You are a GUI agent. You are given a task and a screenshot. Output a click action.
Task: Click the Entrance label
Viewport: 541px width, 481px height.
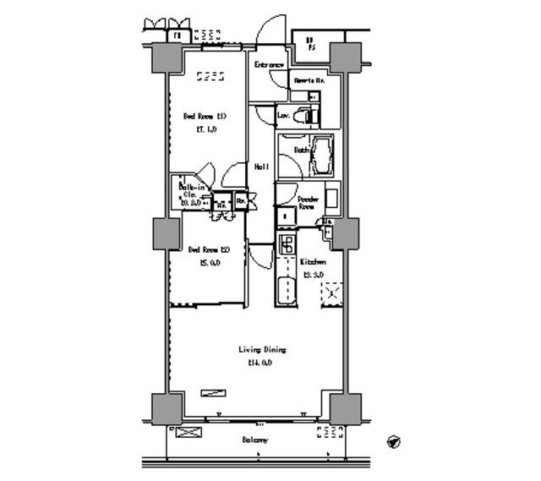tap(269, 65)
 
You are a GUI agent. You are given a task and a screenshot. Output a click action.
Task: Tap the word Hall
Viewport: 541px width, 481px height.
tap(262, 167)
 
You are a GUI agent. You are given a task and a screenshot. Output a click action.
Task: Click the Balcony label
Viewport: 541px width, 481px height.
tap(254, 440)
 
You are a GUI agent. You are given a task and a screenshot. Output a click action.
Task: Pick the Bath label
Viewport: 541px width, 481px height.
tap(300, 150)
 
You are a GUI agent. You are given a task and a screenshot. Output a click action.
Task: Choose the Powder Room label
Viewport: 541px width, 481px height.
tap(307, 203)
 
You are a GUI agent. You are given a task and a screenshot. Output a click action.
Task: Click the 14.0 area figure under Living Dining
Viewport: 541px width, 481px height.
tap(260, 363)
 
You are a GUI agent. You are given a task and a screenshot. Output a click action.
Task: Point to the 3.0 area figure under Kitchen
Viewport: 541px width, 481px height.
tap(313, 276)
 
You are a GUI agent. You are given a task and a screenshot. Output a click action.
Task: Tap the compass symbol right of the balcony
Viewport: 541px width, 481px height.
tap(394, 441)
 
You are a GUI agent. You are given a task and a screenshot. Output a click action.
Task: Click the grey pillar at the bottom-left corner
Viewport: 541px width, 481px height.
tap(166, 408)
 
